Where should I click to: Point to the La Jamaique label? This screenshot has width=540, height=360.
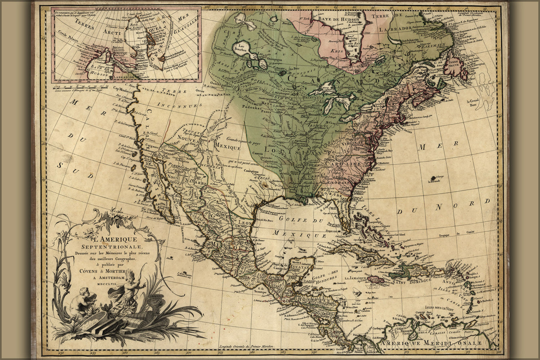click(x=355, y=278)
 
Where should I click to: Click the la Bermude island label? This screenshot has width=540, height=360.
click(x=434, y=181)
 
